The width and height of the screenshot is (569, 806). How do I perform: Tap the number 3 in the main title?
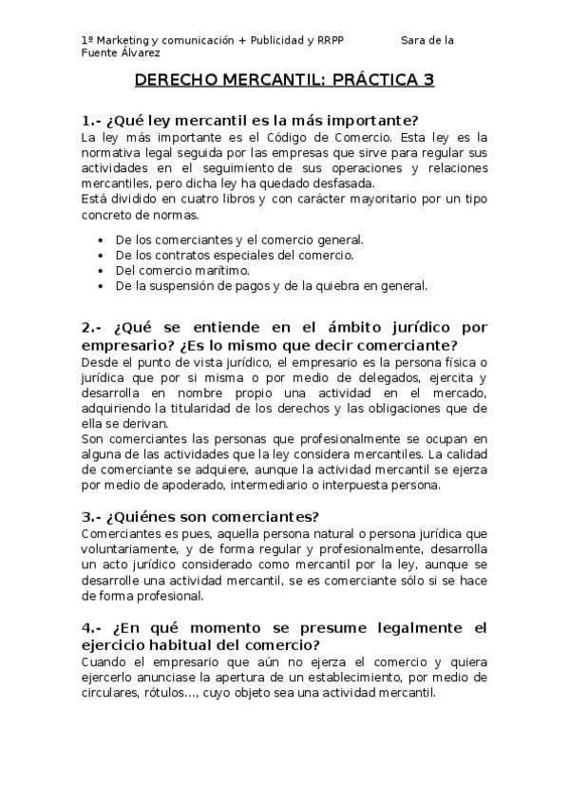[x=428, y=80]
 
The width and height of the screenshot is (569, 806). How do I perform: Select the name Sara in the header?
[x=414, y=40]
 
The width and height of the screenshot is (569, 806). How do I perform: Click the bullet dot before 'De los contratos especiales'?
[x=101, y=255]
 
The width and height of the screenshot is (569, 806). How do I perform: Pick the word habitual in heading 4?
[x=173, y=645]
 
